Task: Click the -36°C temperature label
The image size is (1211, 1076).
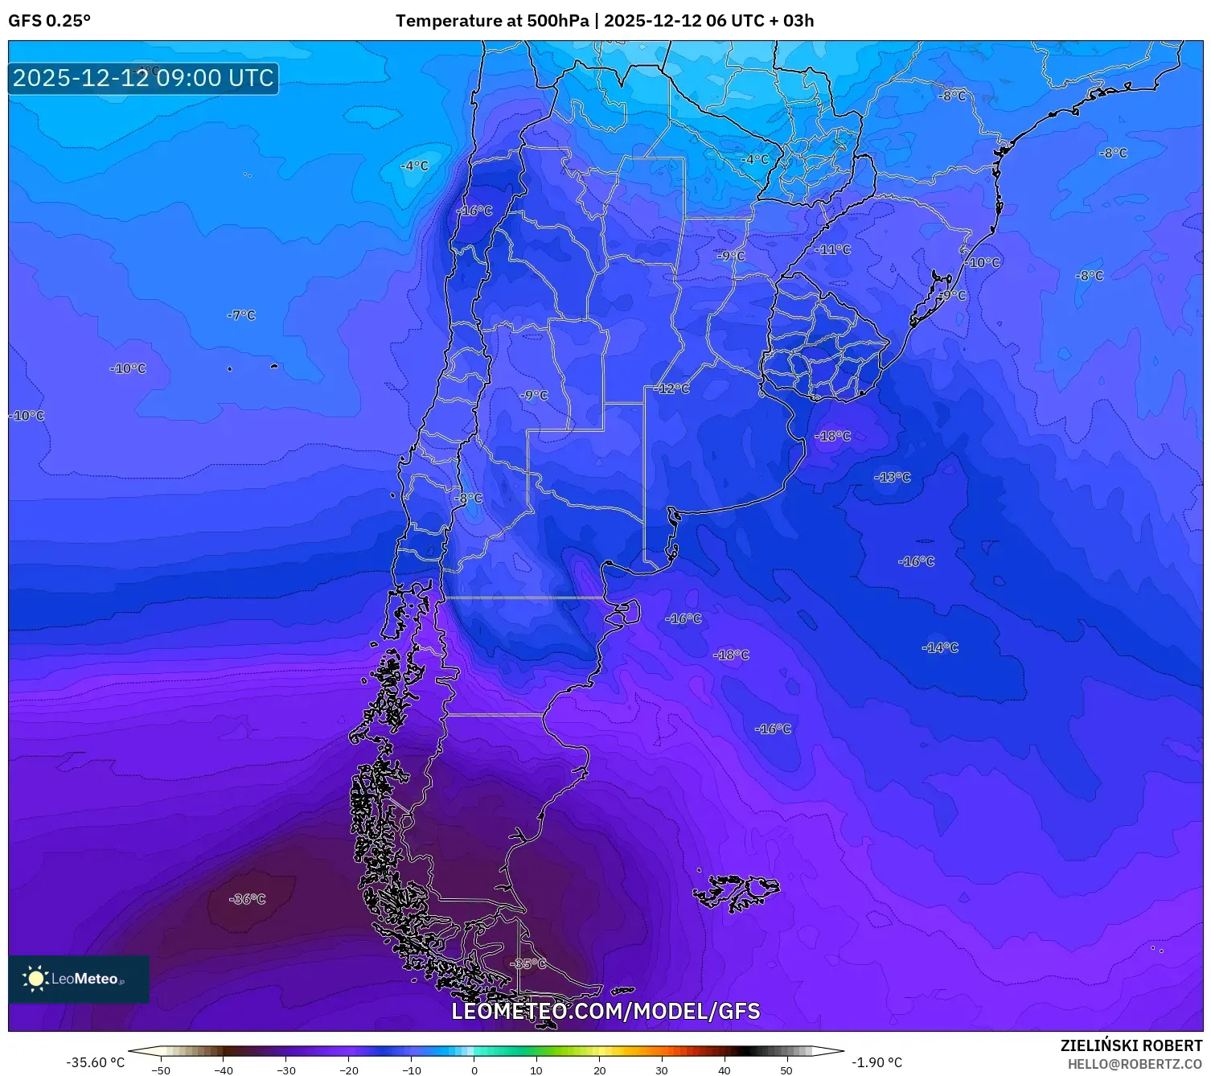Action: coord(247,899)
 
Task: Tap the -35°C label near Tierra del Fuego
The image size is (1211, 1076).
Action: coord(528,963)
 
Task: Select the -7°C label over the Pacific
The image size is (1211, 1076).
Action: coord(241,315)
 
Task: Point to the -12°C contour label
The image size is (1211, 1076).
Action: coord(673,388)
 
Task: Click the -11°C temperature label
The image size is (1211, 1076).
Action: coord(833,249)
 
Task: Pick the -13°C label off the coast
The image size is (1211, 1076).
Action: coord(893,477)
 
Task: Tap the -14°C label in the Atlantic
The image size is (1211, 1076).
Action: coord(940,647)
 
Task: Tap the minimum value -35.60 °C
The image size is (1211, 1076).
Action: coord(95,1062)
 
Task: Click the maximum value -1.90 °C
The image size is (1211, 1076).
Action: coord(876,1062)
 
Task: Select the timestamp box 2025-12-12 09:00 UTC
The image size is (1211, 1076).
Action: coord(143,78)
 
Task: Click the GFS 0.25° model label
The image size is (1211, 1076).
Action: coord(49,21)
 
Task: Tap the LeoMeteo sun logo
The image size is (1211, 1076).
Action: coord(35,979)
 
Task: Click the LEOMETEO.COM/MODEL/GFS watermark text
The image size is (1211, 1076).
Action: coord(605,1011)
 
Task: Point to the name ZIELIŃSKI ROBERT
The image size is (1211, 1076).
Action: coord(1131,1045)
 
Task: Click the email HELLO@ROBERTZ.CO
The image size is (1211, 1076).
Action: coord(1134,1064)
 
